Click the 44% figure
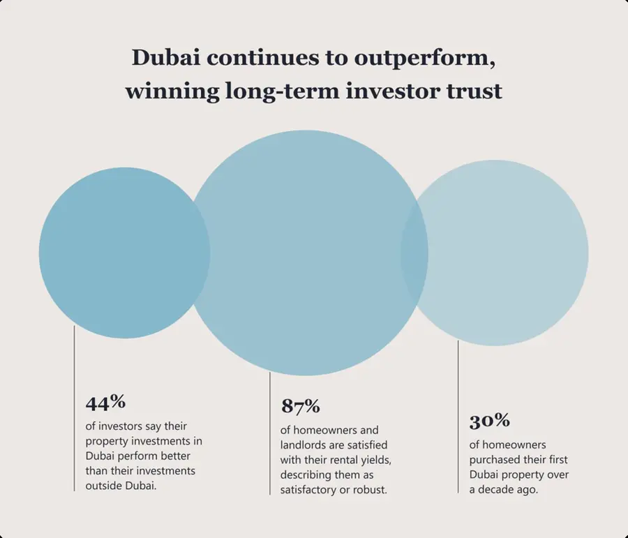(105, 403)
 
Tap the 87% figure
(300, 406)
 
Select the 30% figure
(489, 421)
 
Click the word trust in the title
(474, 91)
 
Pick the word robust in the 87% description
(368, 490)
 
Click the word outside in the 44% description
(105, 486)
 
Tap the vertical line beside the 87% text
(270, 433)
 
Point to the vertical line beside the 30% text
(458, 419)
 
